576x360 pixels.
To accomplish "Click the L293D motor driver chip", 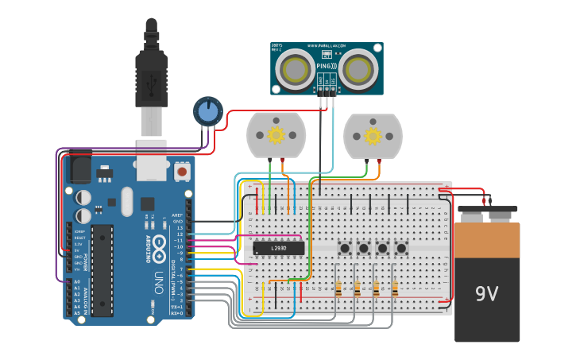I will point(278,249).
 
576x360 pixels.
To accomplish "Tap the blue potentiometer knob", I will point(208,112).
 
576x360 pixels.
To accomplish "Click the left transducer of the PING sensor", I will point(295,69).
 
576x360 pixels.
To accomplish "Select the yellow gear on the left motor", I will point(276,135).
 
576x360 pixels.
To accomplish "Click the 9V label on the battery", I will point(486,294).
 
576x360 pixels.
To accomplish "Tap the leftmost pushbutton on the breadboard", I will point(345,249).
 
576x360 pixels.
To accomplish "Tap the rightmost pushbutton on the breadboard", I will point(401,249).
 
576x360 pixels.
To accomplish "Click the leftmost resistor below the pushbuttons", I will point(338,290).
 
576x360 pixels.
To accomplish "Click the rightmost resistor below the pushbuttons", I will point(394,290).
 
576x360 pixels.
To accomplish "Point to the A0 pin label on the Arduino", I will point(77,281).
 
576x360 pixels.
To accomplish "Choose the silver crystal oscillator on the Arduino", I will point(127,202).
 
